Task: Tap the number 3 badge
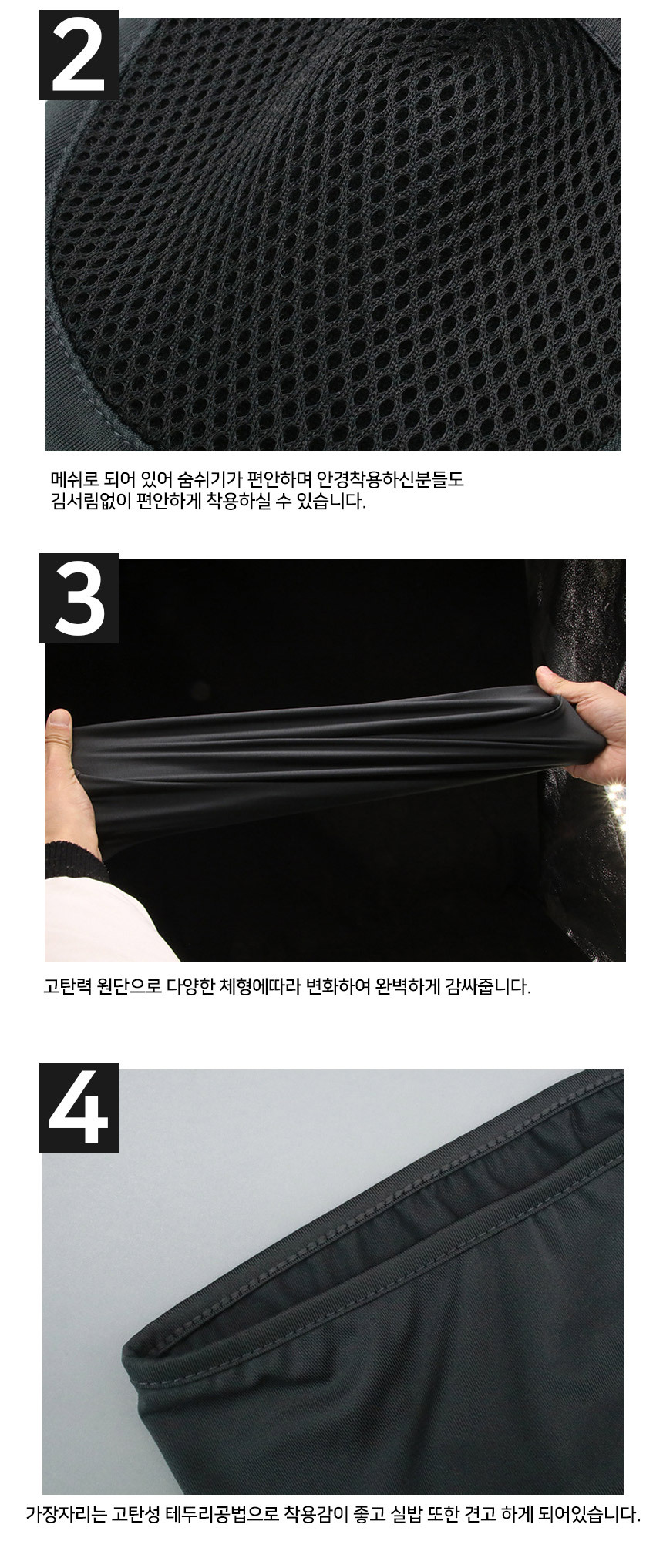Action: [79, 598]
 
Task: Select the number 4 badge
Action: [79, 1107]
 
